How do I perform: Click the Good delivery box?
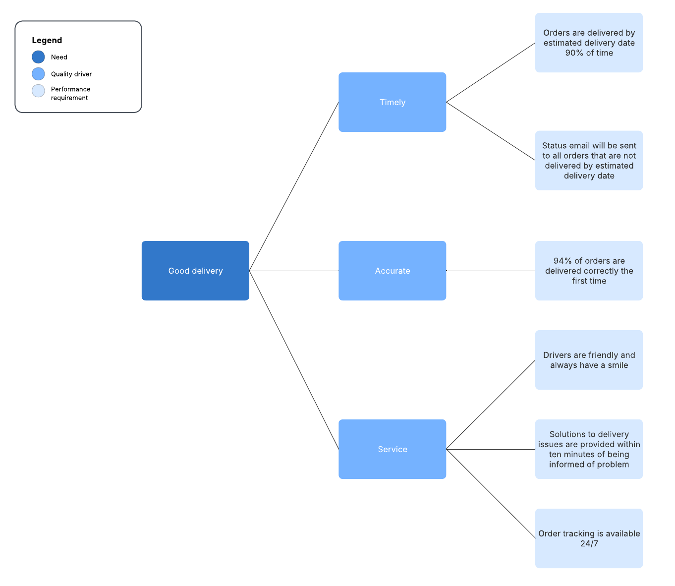coord(195,271)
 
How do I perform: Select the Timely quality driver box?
coord(392,102)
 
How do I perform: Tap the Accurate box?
coord(392,271)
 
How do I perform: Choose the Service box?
coord(392,449)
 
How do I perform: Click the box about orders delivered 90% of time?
coord(589,43)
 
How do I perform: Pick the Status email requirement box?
coord(589,161)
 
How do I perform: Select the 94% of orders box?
coord(589,271)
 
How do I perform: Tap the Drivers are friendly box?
coord(589,360)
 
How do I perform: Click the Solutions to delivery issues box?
coord(589,449)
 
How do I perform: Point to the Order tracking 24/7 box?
coord(589,538)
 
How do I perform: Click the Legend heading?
coord(47,41)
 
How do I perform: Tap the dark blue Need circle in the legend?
coord(38,57)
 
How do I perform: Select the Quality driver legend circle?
coord(38,74)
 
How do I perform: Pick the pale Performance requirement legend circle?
coord(38,91)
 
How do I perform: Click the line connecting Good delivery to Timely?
coord(294,186)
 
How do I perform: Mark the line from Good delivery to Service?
coord(294,360)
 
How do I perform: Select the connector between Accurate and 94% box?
coord(491,271)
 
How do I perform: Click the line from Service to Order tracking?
coord(491,494)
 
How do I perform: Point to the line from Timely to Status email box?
coord(491,131)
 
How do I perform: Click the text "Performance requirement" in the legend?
coord(70,94)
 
